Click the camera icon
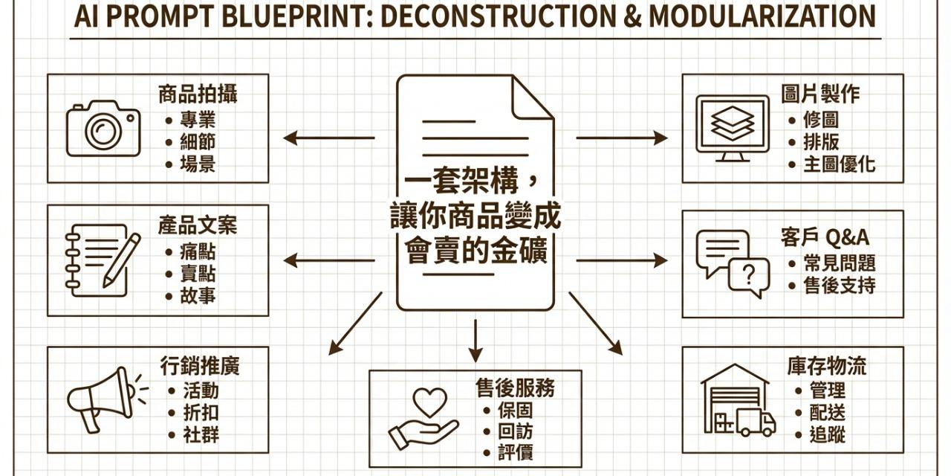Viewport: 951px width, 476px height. tap(103, 129)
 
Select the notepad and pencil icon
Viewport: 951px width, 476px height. tap(103, 260)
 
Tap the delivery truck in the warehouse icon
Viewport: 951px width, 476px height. tap(756, 422)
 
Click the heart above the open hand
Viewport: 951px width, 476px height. tap(429, 402)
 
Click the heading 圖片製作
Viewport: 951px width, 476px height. tap(820, 94)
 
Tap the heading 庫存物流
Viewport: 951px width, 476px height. tap(826, 366)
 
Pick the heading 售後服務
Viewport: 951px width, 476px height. tap(515, 387)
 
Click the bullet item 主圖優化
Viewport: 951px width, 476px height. tap(840, 165)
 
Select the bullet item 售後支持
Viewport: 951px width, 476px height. tap(840, 286)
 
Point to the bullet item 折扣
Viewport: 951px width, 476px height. tap(200, 413)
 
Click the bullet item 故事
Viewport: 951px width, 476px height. tap(197, 296)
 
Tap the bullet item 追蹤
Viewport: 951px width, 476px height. tap(827, 434)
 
